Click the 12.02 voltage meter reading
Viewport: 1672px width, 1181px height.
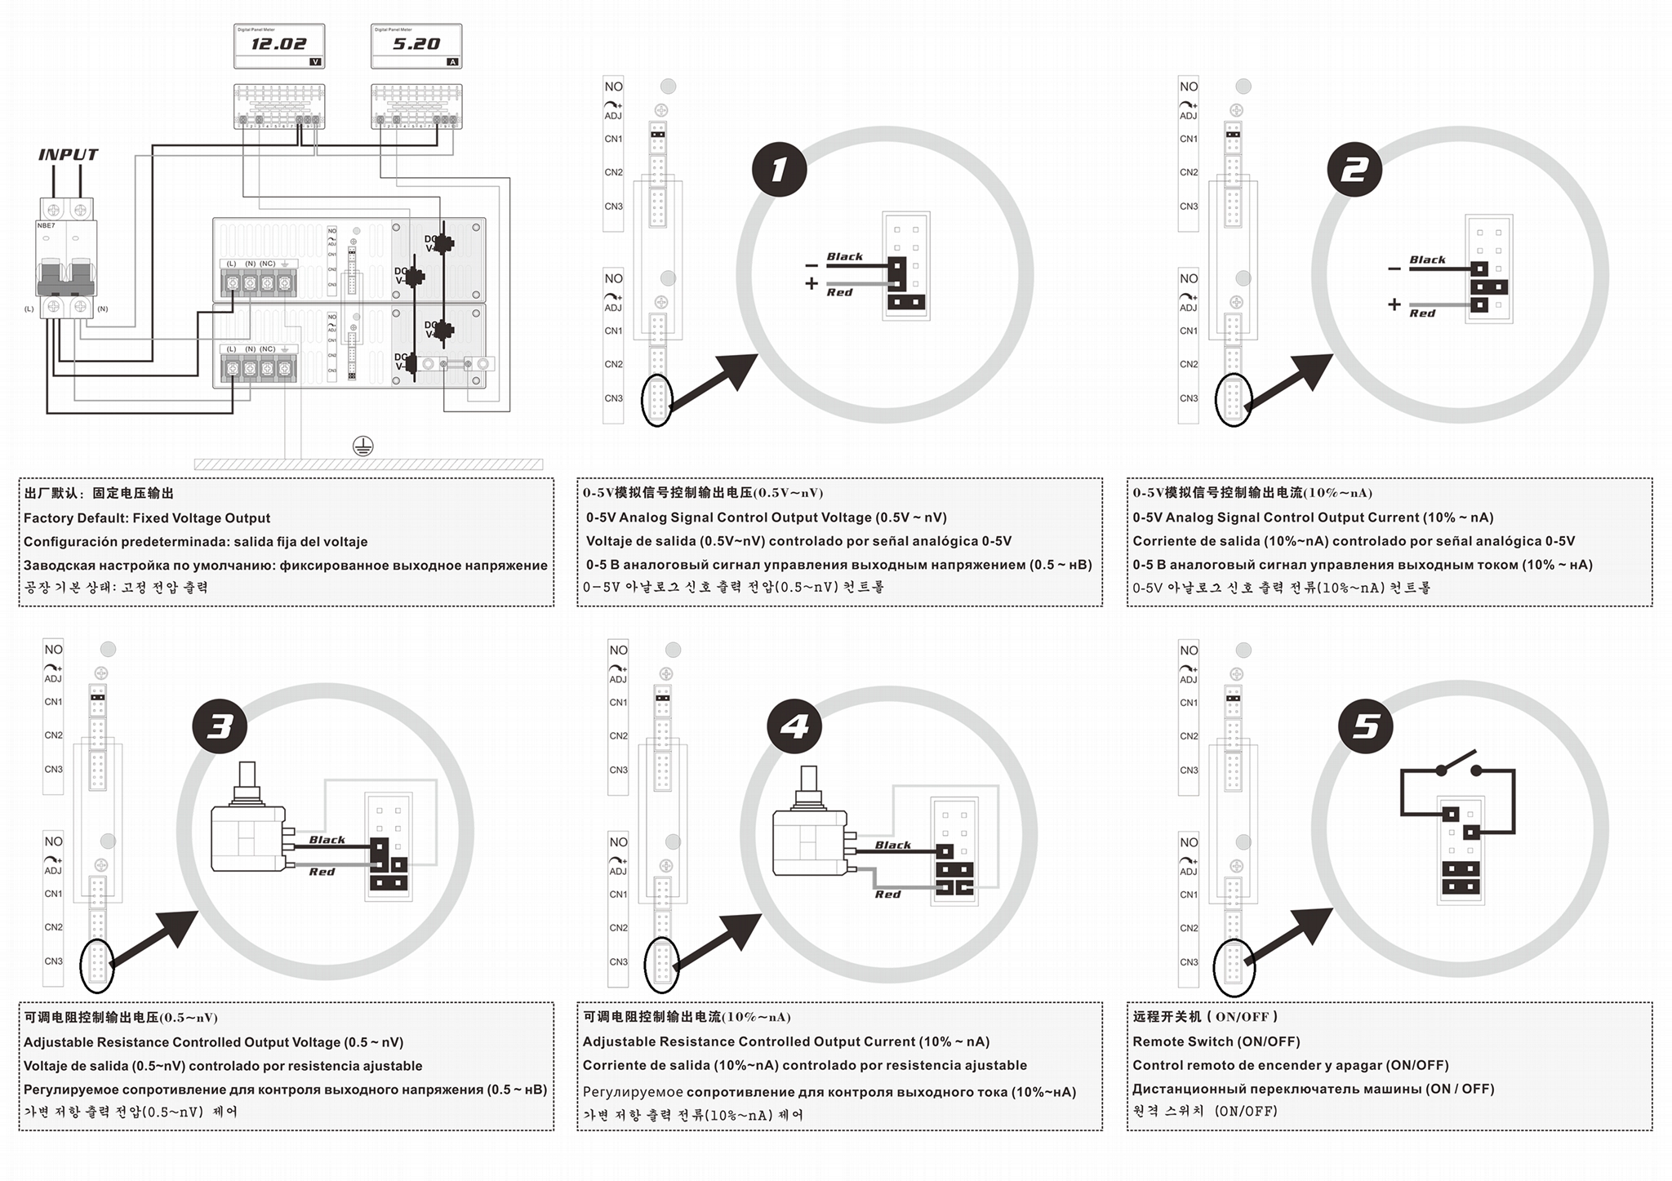pyautogui.click(x=278, y=44)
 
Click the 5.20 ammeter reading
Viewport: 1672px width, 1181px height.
pyautogui.click(x=416, y=44)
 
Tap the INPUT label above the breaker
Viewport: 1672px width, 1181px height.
pyautogui.click(x=68, y=155)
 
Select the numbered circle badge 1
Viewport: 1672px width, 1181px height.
pyautogui.click(x=779, y=170)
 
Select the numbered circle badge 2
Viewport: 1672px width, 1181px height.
pyautogui.click(x=1354, y=170)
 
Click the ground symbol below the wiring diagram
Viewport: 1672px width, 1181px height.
pyautogui.click(x=362, y=446)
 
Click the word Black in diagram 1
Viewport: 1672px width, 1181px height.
pyautogui.click(x=844, y=256)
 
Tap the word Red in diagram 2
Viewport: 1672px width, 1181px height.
pyautogui.click(x=1421, y=313)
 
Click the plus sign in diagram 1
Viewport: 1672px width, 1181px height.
pyautogui.click(x=811, y=283)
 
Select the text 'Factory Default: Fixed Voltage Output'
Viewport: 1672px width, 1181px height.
pyautogui.click(x=147, y=517)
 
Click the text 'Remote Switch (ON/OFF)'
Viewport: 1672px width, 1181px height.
pyautogui.click(x=1216, y=1041)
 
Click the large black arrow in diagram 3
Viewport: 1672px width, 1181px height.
pyautogui.click(x=155, y=938)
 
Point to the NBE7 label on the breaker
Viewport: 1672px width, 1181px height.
pyautogui.click(x=47, y=225)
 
